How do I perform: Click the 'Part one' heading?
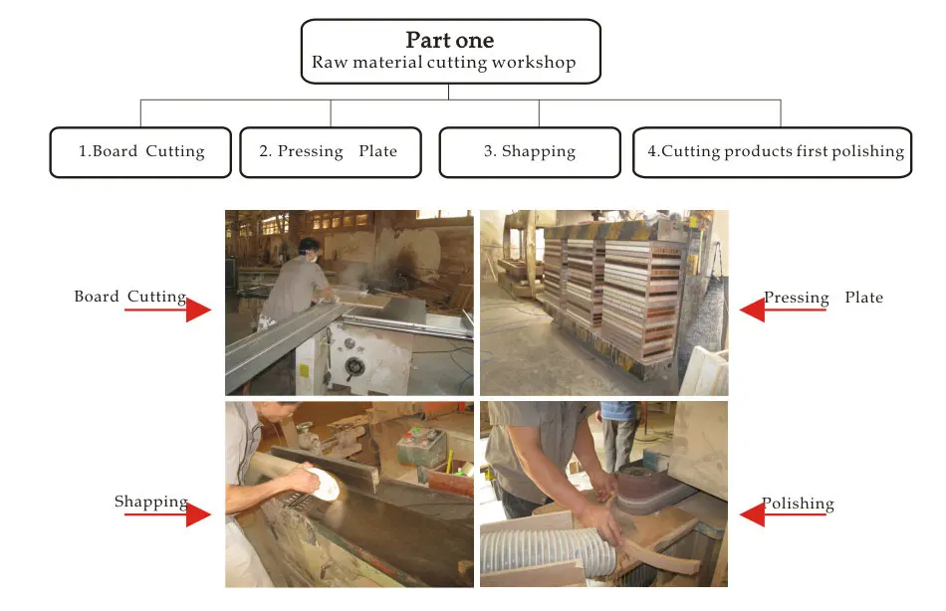tap(449, 41)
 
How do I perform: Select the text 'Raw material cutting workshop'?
tap(443, 63)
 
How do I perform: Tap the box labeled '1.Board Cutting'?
tap(140, 152)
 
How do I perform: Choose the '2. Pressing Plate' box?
tap(330, 152)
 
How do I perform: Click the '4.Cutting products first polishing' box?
tap(772, 152)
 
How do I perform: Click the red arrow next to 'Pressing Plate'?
tap(783, 309)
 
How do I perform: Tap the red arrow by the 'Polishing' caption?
tap(783, 514)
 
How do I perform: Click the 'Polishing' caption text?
tap(798, 504)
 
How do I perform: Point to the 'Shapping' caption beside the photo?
tap(150, 502)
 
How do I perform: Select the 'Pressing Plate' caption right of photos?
tap(823, 298)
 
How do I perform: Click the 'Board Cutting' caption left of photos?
tap(129, 297)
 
